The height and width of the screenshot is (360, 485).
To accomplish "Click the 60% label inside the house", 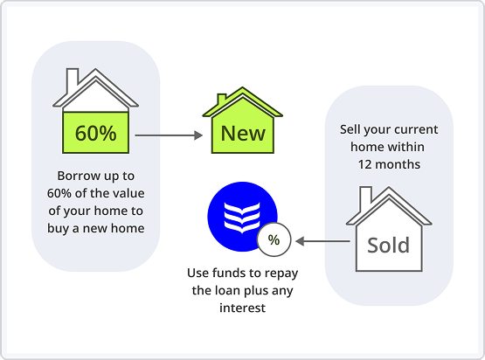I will [x=95, y=135].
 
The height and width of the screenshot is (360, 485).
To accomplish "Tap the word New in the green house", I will [x=243, y=134].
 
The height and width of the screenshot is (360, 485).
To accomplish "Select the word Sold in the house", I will [x=388, y=246].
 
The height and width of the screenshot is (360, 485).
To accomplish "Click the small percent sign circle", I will [x=274, y=239].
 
